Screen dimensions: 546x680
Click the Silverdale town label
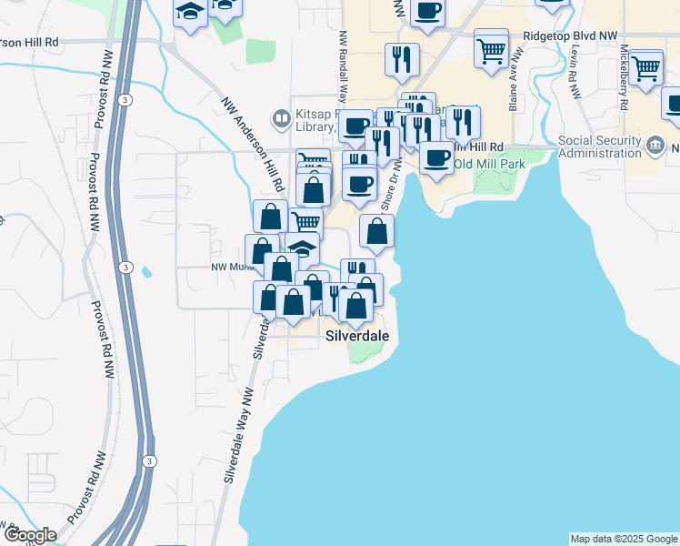coord(357,336)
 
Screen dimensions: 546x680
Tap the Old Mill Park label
coord(490,164)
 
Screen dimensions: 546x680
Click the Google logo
coord(29,535)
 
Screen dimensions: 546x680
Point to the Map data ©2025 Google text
coord(624,539)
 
